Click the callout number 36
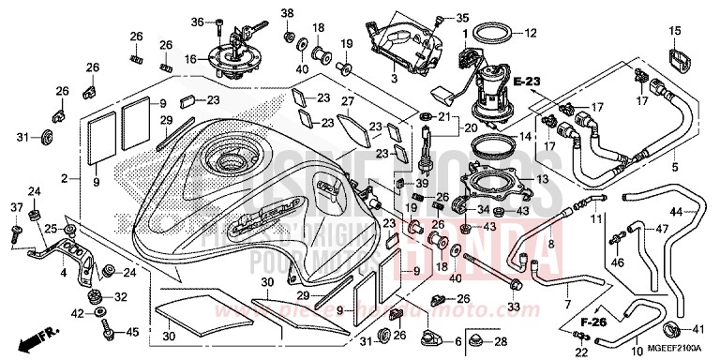click(198, 22)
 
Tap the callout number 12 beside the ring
click(531, 33)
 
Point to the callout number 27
click(347, 101)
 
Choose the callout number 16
click(190, 58)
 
